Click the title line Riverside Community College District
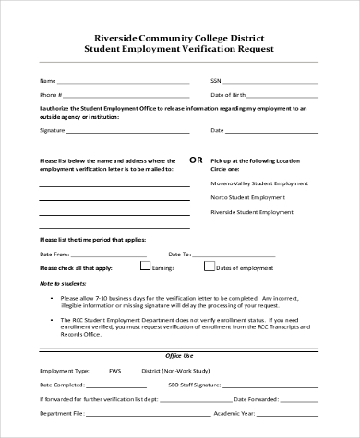pyautogui.click(x=179, y=36)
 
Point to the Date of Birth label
pyautogui.click(x=229, y=94)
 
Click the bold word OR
pyautogui.click(x=196, y=159)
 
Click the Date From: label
pyautogui.click(x=54, y=253)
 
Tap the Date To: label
pyautogui.click(x=179, y=253)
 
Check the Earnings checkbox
pyautogui.click(x=145, y=266)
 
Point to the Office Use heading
pyautogui.click(x=179, y=354)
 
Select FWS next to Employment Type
pyautogui.click(x=114, y=370)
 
